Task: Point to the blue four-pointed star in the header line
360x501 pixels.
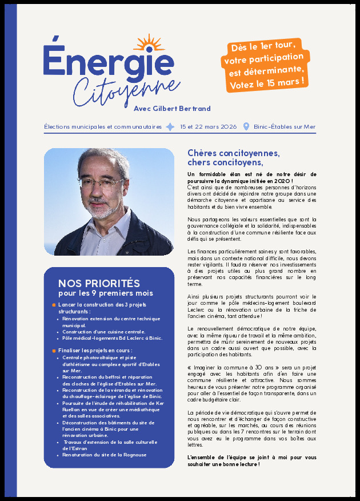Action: point(170,127)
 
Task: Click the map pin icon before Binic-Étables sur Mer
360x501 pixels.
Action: point(246,127)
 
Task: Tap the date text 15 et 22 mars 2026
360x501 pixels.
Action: point(208,127)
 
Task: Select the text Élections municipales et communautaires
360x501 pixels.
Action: point(103,127)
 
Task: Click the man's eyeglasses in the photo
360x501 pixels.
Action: point(101,184)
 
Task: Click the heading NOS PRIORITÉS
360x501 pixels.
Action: point(99,284)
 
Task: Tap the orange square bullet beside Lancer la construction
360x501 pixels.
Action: point(54,305)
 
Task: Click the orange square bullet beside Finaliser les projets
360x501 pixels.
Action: point(54,350)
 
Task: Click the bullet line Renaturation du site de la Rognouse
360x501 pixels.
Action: point(105,455)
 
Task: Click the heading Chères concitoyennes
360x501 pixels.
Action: point(234,153)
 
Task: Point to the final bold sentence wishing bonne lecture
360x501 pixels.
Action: point(251,461)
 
